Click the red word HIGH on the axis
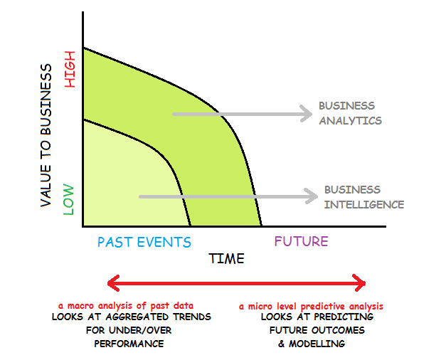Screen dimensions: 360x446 click(70, 73)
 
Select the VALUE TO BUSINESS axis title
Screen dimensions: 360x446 click(46, 135)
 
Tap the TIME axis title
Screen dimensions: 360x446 click(227, 258)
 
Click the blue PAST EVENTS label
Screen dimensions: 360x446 click(144, 242)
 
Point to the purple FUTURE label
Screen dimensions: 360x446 click(302, 241)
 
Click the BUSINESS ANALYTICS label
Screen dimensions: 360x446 click(350, 112)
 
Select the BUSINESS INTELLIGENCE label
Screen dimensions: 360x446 click(363, 197)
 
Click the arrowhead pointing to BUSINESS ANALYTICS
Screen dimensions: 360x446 click(306, 113)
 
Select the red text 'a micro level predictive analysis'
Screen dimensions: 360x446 click(305, 307)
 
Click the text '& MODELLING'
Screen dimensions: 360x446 click(312, 344)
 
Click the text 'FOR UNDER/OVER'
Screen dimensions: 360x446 click(129, 331)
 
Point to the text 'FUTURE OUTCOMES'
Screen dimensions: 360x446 click(317, 331)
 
